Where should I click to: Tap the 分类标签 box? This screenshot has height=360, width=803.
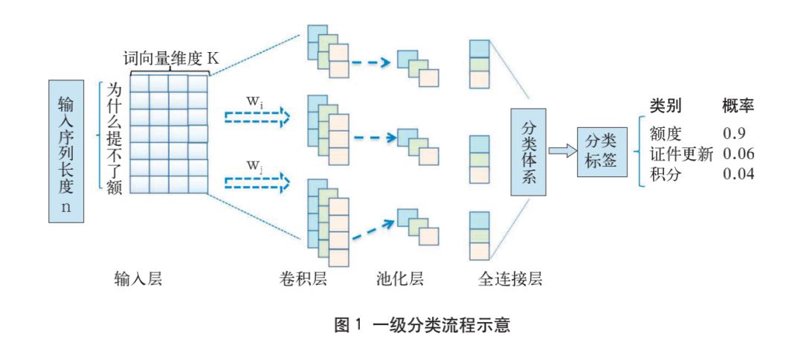[602, 151]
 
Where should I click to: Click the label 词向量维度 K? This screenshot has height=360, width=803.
[171, 59]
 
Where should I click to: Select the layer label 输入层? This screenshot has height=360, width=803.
[138, 279]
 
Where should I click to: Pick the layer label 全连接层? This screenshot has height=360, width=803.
[511, 279]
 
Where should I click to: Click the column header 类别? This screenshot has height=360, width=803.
[665, 106]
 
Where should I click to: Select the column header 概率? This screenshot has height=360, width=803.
[738, 106]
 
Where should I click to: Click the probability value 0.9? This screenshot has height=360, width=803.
[734, 134]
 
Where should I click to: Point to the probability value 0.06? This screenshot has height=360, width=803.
[738, 154]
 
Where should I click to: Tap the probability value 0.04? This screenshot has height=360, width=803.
[738, 174]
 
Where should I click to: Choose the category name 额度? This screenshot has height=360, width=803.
[665, 134]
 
